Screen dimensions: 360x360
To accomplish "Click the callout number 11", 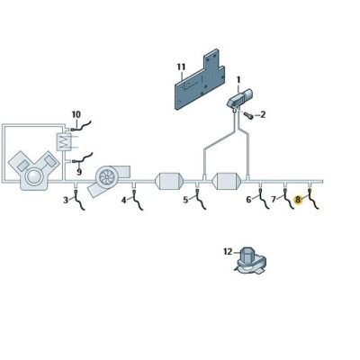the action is tap(181, 67).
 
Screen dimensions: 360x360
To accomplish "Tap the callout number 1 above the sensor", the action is tap(238, 80).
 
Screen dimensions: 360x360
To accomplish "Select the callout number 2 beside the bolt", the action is tap(263, 114).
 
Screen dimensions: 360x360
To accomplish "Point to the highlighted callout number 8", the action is tap(298, 199).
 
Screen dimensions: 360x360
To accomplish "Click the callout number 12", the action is tap(228, 252).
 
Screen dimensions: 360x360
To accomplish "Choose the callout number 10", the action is tap(76, 114).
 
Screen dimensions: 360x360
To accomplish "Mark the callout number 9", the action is tap(79, 172).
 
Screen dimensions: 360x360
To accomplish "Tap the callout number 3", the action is tap(66, 201).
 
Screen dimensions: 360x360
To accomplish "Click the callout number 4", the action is tap(124, 200).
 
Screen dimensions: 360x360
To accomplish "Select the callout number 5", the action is tap(186, 200).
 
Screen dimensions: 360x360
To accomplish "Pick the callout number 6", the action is tap(249, 199).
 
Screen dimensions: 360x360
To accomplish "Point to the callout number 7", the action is tap(274, 199).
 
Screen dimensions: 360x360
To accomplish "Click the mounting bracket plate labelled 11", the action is tap(199, 81).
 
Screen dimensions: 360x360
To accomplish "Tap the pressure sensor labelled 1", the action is tap(239, 98).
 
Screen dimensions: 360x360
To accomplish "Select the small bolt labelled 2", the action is tap(248, 115).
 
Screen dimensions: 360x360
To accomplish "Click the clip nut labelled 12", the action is tap(249, 262).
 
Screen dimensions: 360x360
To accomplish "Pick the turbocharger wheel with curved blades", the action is tap(105, 176).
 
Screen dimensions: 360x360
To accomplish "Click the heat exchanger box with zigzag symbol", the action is tap(63, 142).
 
